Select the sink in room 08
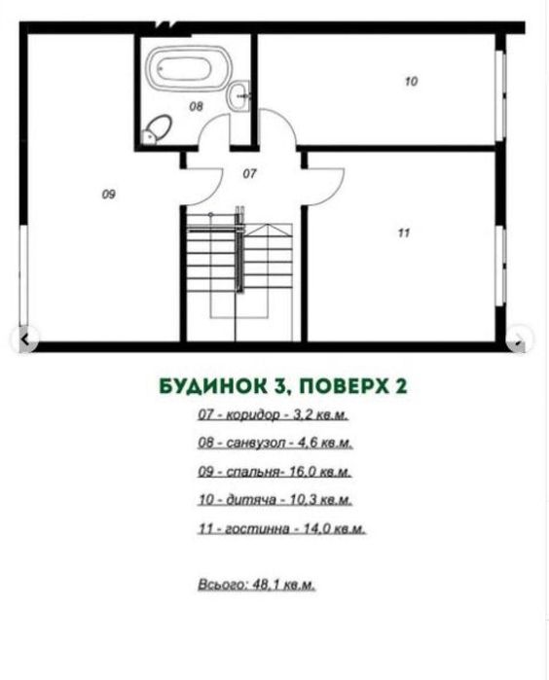click(x=239, y=95)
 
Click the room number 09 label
click(x=109, y=195)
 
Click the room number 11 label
click(x=403, y=233)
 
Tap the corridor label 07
click(x=249, y=174)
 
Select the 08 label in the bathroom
click(x=196, y=107)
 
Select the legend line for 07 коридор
click(x=273, y=415)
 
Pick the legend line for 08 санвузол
click(x=274, y=443)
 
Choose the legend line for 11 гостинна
click(x=279, y=529)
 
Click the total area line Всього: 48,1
click(x=256, y=586)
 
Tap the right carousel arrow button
click(x=520, y=340)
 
